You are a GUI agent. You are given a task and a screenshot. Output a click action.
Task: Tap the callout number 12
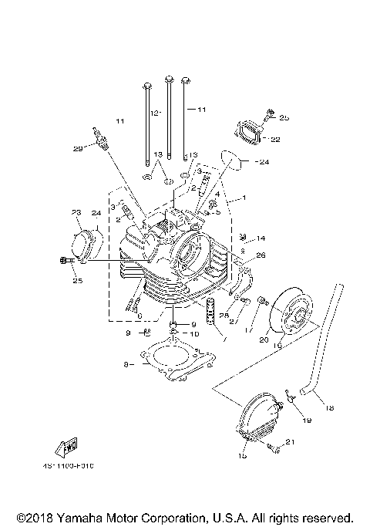point(154,113)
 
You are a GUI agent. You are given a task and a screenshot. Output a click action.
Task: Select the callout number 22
point(275,139)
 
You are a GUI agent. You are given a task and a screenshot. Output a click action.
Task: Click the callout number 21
point(290,442)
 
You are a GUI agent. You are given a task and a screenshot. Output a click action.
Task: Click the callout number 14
point(261,238)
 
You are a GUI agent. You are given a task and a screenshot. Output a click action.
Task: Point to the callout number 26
point(260,255)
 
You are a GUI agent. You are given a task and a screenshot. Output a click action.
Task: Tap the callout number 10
point(194,333)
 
